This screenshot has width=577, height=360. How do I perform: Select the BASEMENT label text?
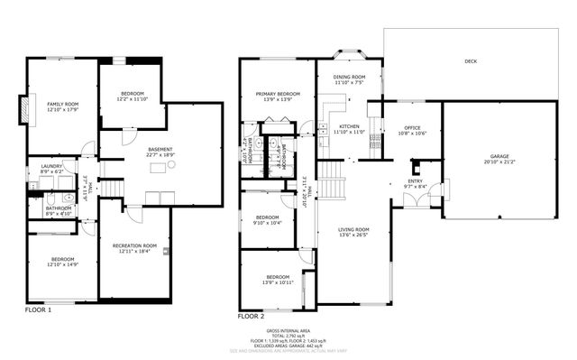point(160,149)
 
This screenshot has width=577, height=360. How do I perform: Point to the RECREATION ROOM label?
point(134,245)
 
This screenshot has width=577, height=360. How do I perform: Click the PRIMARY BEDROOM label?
point(277,94)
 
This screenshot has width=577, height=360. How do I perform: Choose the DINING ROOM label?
point(348,78)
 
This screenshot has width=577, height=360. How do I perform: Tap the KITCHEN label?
point(348,127)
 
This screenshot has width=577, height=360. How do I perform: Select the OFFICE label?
point(413,127)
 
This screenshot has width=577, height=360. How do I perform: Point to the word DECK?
point(470,61)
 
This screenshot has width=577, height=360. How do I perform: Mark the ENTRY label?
point(415,181)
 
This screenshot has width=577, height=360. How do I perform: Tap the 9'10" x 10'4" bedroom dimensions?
point(267,222)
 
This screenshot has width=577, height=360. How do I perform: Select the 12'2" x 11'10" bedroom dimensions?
point(131,99)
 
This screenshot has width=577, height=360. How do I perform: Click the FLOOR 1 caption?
point(38,309)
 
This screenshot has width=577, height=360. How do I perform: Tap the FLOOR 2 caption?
point(251,317)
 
